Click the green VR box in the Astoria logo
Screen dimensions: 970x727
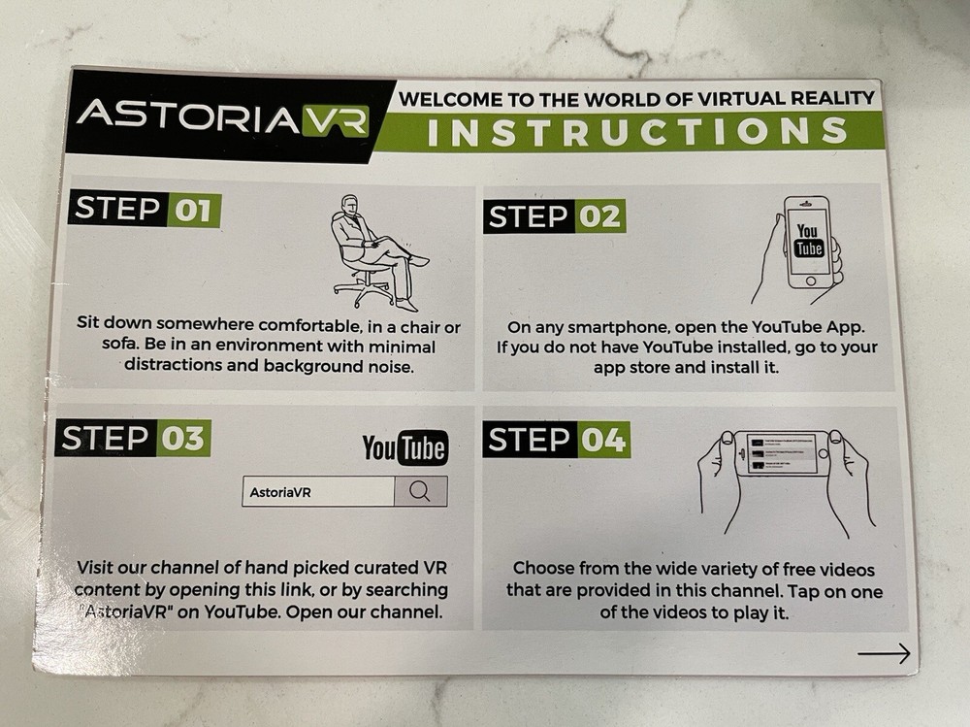tap(336, 121)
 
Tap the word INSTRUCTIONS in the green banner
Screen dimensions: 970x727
tap(637, 131)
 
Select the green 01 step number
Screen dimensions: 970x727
tap(194, 211)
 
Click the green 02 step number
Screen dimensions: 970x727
tap(600, 216)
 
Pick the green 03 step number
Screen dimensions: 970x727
tap(183, 439)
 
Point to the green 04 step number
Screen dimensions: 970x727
tap(603, 440)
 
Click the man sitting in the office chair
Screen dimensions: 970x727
tap(377, 252)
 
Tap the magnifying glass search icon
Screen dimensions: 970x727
tap(420, 492)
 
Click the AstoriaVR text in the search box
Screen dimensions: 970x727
tap(280, 493)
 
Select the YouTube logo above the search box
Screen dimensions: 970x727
tap(405, 447)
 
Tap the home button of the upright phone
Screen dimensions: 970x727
tap(810, 281)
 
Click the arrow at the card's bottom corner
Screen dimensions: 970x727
tap(884, 653)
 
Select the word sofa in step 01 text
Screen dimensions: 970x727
tap(118, 344)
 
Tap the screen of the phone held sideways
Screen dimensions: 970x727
tap(781, 454)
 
